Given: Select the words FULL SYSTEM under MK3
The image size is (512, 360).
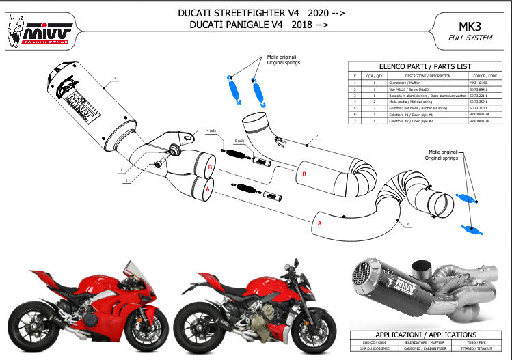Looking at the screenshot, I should click(470, 38).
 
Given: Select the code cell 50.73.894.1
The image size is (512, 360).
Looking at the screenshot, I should click(478, 89).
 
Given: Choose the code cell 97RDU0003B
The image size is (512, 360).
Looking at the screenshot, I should click(479, 120).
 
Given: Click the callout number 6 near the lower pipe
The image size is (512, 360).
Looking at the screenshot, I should click(407, 223).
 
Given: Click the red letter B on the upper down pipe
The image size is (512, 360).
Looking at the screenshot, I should click(304, 175).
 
